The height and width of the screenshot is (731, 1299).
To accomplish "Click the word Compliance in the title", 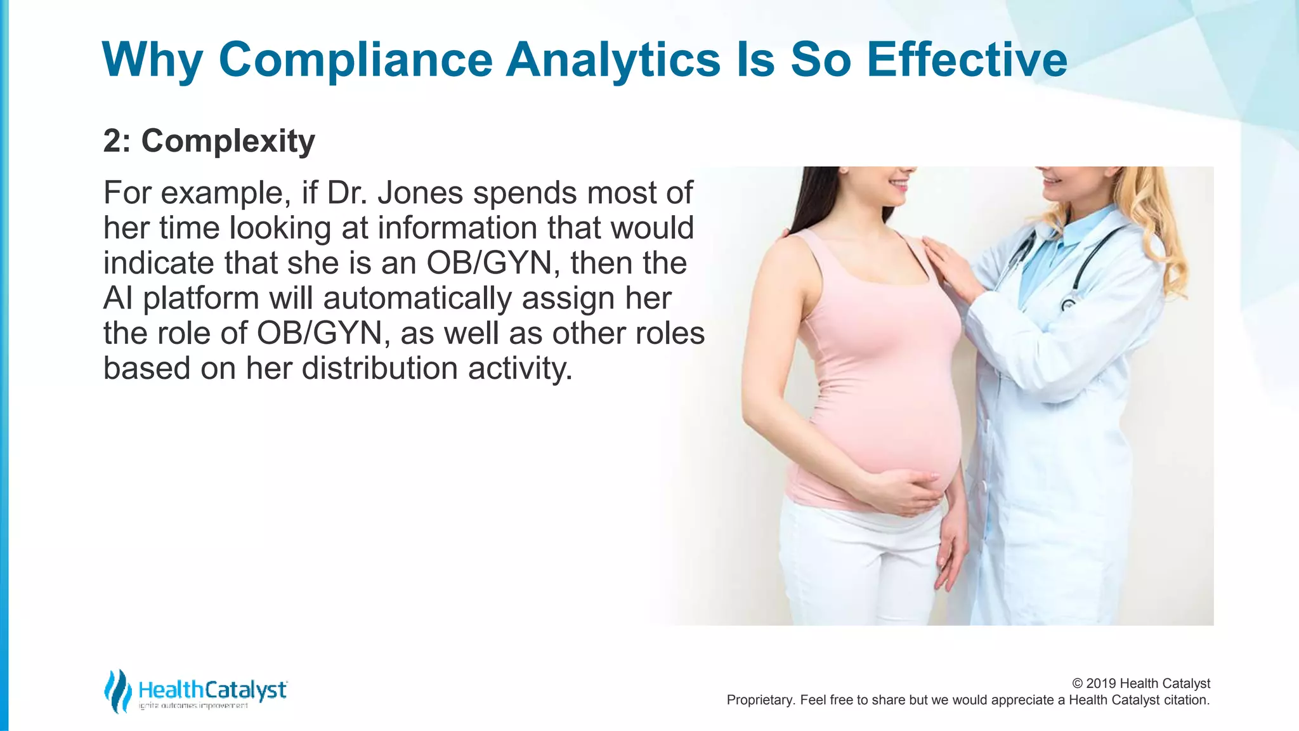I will point(355,60).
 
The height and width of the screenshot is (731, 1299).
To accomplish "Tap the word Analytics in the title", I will point(613,60).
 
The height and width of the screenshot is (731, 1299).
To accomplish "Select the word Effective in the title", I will point(967,60).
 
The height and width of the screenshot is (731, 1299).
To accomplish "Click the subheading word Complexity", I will point(228,141).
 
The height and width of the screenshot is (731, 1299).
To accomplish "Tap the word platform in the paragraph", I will point(201,298).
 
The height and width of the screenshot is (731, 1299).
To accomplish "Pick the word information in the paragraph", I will point(457,228).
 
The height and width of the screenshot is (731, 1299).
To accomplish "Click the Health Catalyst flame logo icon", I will point(117,690).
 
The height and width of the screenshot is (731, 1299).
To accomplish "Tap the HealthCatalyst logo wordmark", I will point(212,690).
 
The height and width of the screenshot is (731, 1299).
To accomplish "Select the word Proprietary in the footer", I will point(759,701).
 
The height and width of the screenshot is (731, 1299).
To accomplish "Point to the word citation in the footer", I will point(1186,701).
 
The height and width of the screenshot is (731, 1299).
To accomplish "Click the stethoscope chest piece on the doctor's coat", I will point(1069,305).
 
